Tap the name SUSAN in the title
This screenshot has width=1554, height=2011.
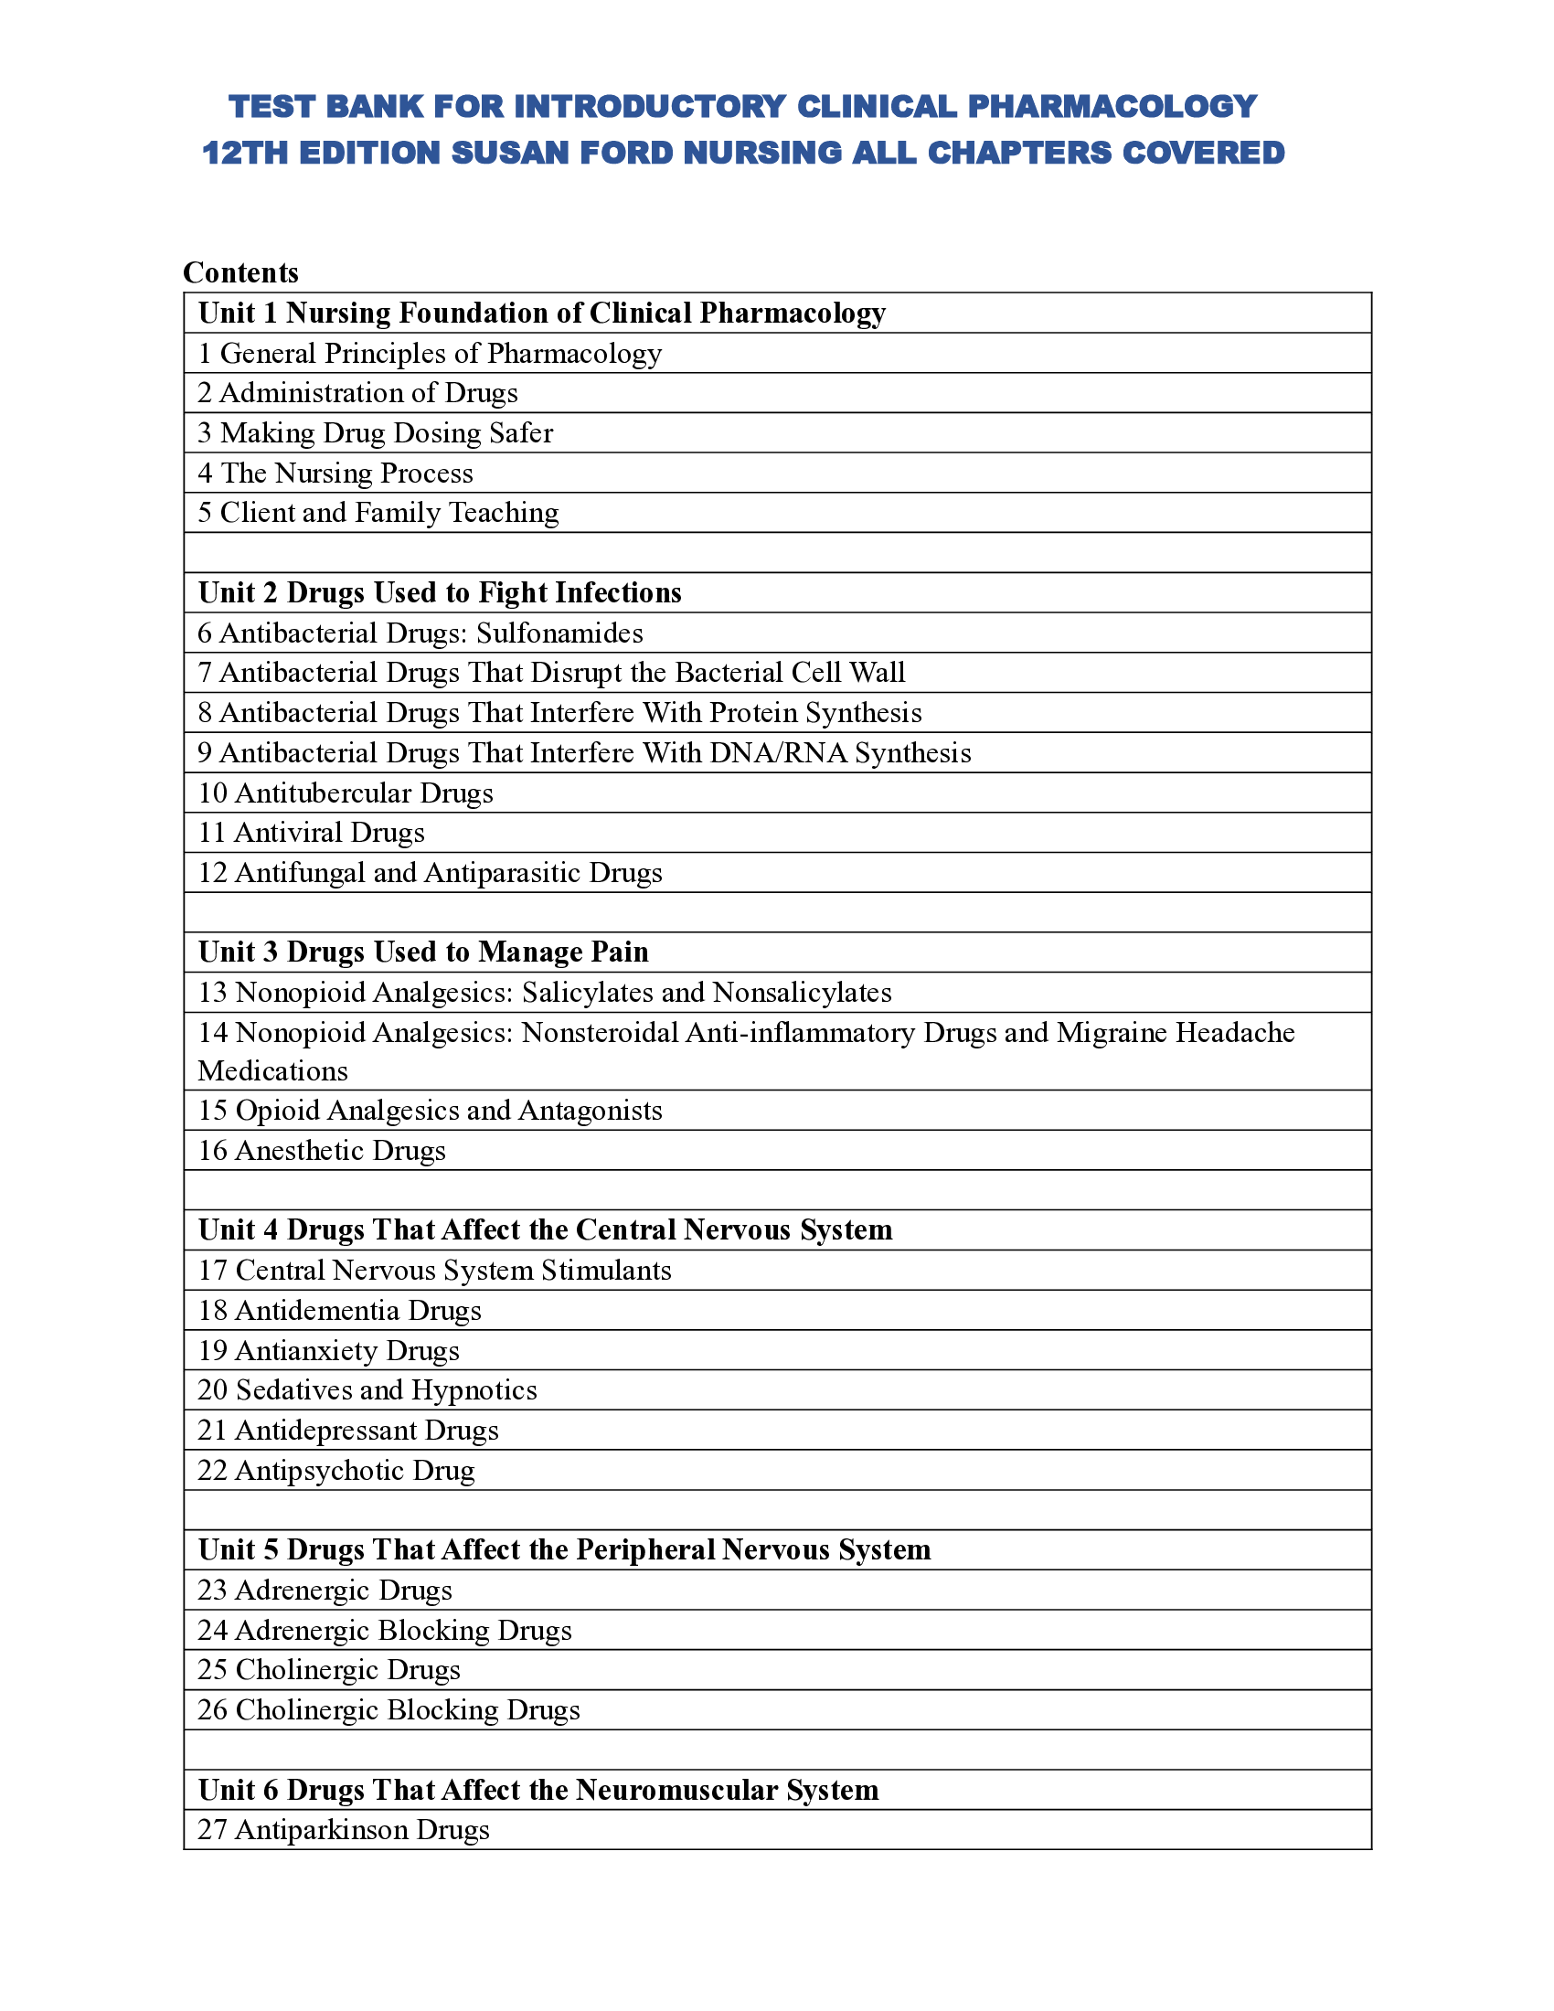505,153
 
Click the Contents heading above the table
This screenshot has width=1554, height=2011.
240,272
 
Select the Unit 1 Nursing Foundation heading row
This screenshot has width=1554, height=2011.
541,313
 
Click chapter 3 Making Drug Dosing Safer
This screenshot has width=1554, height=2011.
376,432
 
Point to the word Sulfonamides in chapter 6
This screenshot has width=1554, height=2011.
559,633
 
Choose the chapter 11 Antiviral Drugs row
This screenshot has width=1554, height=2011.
311,833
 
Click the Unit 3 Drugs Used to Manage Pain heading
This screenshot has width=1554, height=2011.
423,952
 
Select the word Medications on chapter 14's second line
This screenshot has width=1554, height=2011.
272,1071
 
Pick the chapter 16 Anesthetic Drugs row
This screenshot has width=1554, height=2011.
322,1151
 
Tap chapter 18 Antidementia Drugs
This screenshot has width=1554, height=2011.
340,1310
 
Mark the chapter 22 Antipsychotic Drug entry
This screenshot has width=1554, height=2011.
337,1471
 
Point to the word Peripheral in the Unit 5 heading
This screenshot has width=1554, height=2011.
644,1550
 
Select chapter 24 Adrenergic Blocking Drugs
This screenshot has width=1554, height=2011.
385,1631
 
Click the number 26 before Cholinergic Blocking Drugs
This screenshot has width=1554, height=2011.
212,1711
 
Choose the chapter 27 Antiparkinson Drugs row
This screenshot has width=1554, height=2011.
344,1830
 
